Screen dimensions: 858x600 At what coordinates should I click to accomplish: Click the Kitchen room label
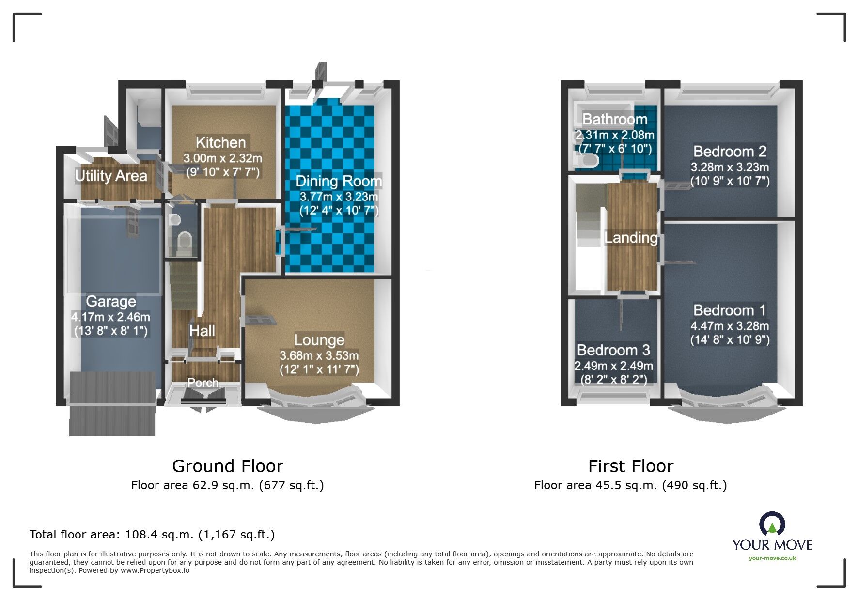[x=220, y=142]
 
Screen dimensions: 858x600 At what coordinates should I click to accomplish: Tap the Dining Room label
[x=339, y=181]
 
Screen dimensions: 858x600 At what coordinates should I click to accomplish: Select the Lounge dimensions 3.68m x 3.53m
[x=319, y=355]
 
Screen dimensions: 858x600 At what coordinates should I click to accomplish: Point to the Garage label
[x=111, y=301]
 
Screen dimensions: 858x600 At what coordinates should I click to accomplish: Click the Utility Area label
[x=111, y=175]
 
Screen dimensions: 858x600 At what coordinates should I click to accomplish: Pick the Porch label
[x=203, y=383]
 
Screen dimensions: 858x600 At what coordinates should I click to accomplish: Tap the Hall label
[x=202, y=331]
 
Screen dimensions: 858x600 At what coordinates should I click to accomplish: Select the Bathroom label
[x=615, y=119]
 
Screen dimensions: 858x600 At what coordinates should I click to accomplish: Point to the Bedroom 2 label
[x=730, y=152]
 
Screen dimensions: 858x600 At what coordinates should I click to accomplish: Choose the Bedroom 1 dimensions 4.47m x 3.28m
[x=730, y=326]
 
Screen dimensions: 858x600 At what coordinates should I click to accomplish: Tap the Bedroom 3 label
[x=613, y=350]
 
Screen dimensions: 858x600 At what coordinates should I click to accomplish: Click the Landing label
[x=631, y=237]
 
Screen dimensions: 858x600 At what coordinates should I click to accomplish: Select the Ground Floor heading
[x=228, y=466]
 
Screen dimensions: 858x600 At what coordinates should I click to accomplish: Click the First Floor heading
[x=631, y=466]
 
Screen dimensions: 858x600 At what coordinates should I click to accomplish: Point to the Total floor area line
[x=152, y=535]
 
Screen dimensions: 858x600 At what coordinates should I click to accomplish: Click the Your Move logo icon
[x=772, y=524]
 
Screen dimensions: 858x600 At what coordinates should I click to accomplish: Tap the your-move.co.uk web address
[x=772, y=558]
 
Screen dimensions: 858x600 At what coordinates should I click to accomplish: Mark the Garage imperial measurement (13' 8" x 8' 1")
[x=111, y=331]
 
